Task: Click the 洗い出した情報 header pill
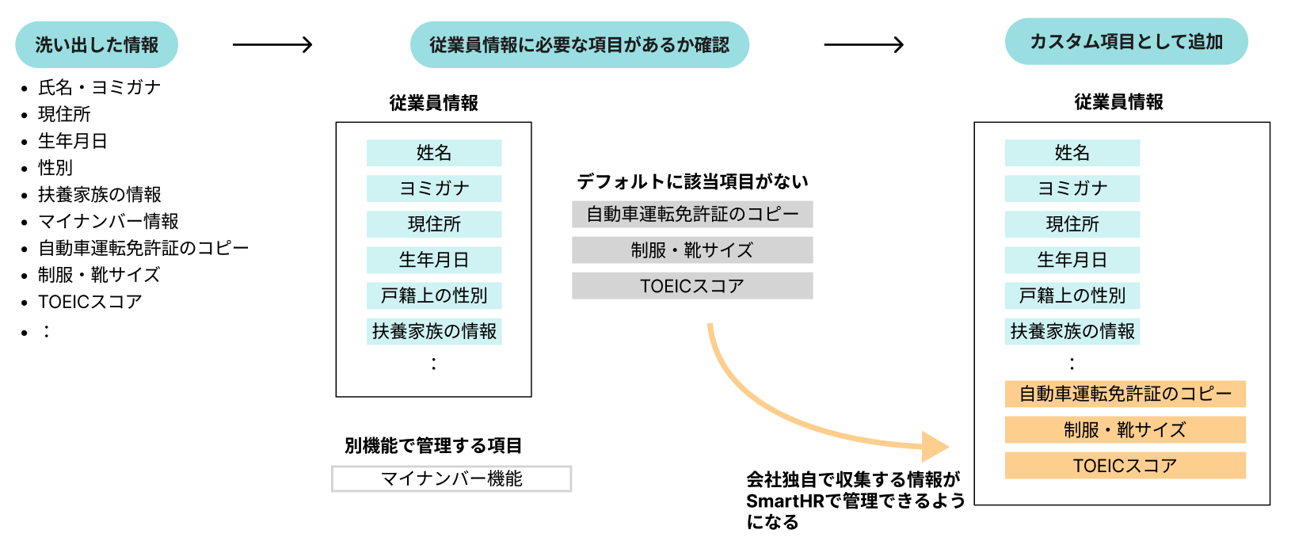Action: [97, 45]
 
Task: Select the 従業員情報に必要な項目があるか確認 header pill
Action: [579, 45]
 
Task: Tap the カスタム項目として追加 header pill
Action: [1125, 42]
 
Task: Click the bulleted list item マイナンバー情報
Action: [109, 222]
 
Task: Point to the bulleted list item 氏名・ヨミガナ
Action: [99, 87]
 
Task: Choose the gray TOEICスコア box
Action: [692, 286]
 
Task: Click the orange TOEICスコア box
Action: [1125, 466]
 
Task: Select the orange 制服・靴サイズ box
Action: [1125, 430]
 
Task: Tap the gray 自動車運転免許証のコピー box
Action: [692, 215]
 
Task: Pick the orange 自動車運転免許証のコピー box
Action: [1125, 394]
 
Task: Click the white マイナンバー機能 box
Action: [451, 478]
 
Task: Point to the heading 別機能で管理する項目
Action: [433, 446]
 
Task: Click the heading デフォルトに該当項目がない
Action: [692, 182]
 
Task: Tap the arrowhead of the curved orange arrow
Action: [936, 447]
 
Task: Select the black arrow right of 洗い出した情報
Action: [272, 45]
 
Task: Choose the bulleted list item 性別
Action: [55, 168]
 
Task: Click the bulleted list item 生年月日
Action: [73, 141]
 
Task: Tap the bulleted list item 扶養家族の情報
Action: [100, 195]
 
